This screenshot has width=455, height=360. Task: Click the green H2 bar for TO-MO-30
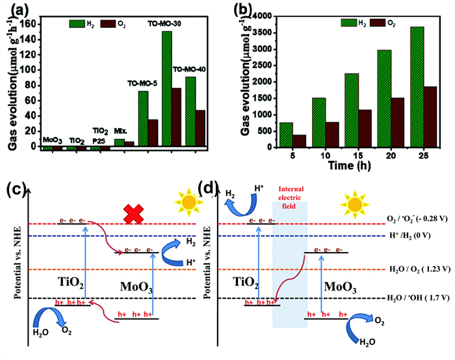(x=166, y=88)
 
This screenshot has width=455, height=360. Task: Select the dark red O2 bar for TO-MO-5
(x=153, y=133)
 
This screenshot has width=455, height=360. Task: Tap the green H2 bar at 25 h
(x=417, y=87)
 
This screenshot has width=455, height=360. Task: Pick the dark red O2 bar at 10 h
(x=332, y=135)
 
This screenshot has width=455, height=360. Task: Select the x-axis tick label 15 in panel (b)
(x=358, y=155)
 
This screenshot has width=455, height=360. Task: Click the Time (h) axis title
(x=350, y=166)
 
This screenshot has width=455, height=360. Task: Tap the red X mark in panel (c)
(x=133, y=214)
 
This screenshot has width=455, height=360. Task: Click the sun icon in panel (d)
(x=355, y=205)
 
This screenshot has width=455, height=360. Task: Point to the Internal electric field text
(x=291, y=198)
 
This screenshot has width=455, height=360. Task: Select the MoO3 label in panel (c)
(x=136, y=287)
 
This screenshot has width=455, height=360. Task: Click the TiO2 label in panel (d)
(x=246, y=283)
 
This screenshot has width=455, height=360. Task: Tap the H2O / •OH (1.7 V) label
(x=418, y=298)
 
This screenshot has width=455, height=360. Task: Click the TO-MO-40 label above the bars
(x=189, y=70)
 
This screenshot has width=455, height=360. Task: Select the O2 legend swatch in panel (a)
(x=108, y=24)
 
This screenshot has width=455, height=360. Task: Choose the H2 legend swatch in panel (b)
(x=348, y=23)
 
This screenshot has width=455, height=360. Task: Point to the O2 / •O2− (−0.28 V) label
(x=417, y=219)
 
